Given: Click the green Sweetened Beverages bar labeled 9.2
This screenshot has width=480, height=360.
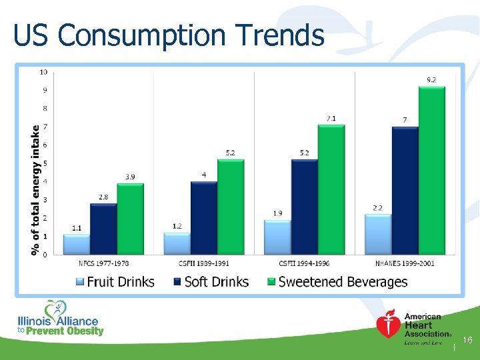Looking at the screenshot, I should tap(431, 171).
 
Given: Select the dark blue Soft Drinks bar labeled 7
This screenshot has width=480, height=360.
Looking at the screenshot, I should tap(405, 191).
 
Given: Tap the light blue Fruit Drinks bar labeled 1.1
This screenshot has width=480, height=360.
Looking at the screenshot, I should tap(76, 244).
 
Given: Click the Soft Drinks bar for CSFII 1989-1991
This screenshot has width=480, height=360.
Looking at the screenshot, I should tap(204, 218).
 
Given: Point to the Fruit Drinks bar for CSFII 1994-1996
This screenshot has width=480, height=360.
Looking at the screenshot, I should tap(277, 237).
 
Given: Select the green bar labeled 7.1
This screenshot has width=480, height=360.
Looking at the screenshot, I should tap(331, 189).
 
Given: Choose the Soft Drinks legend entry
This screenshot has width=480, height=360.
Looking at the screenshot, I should tap(211, 281).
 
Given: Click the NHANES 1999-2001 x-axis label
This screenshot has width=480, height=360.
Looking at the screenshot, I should tap(405, 263).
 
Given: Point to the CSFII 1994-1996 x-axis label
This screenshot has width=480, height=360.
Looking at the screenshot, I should tap(304, 263).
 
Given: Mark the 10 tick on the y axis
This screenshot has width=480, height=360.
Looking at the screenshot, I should tap(43, 71).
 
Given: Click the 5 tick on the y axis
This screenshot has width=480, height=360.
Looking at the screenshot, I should tap(44, 163).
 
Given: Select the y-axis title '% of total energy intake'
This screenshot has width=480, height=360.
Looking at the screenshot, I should tap(34, 189).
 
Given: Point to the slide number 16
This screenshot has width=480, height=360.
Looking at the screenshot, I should tap(467, 341).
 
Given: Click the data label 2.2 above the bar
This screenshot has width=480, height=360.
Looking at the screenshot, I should tap(377, 207).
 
